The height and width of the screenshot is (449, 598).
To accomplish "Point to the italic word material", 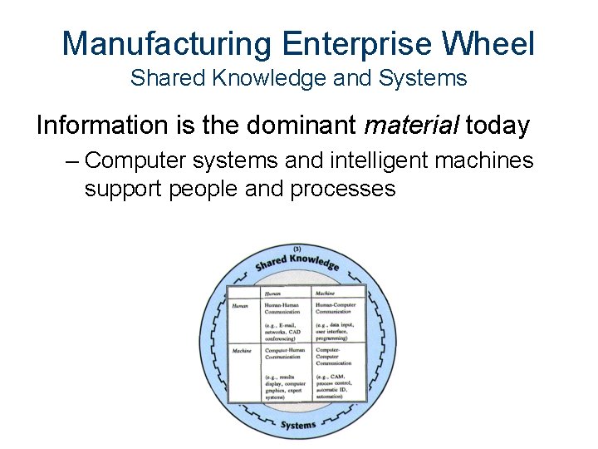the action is [x=412, y=126].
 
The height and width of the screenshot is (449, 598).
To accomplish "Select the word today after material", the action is [x=498, y=126].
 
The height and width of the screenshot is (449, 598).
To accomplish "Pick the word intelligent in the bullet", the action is [x=370, y=160].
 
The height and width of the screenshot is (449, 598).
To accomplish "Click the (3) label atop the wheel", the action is [x=297, y=249].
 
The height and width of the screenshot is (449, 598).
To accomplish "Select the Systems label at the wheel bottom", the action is [x=297, y=424].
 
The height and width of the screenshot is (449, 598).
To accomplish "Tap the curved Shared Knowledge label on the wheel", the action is [x=297, y=262].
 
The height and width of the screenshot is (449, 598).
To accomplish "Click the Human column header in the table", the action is [x=272, y=293].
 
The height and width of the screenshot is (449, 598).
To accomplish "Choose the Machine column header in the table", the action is [x=325, y=293].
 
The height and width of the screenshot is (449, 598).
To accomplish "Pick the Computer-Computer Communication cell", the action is [x=334, y=356].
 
